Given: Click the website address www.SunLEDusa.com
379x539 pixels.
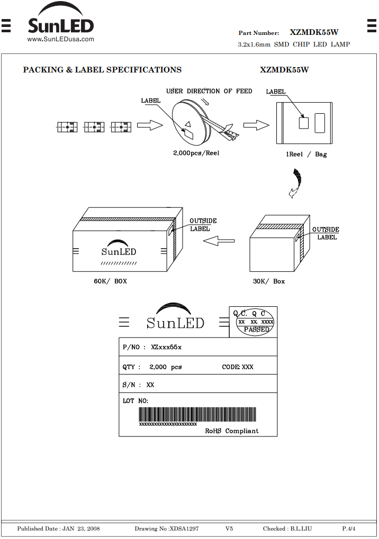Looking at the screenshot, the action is [x=60, y=39].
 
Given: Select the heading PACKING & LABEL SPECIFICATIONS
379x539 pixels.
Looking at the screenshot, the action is [x=102, y=70].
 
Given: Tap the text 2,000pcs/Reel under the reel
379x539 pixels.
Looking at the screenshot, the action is [x=196, y=153].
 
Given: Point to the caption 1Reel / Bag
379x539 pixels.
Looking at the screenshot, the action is [x=306, y=154].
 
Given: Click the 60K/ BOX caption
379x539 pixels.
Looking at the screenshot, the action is [x=111, y=281].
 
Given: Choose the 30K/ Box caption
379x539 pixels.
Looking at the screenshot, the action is [x=269, y=281].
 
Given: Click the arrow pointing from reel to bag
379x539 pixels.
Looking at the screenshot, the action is [x=256, y=125].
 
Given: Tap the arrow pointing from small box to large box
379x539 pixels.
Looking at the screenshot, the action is [x=219, y=241].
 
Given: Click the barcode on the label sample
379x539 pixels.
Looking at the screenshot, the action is [x=197, y=415].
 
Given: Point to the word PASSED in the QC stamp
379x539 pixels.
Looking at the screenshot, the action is [x=257, y=330].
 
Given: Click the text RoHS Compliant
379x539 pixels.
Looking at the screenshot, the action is [x=231, y=431].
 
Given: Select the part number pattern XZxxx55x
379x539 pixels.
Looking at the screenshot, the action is [x=166, y=347].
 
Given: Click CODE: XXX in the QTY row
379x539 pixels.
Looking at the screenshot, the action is [x=238, y=367].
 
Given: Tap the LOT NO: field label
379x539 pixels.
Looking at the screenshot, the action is [x=136, y=401].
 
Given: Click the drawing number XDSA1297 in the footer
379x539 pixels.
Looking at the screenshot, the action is [x=184, y=529].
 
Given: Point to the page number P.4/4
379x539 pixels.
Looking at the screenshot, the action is [x=349, y=529].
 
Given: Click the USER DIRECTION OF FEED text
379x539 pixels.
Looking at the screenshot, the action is [x=209, y=91].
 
